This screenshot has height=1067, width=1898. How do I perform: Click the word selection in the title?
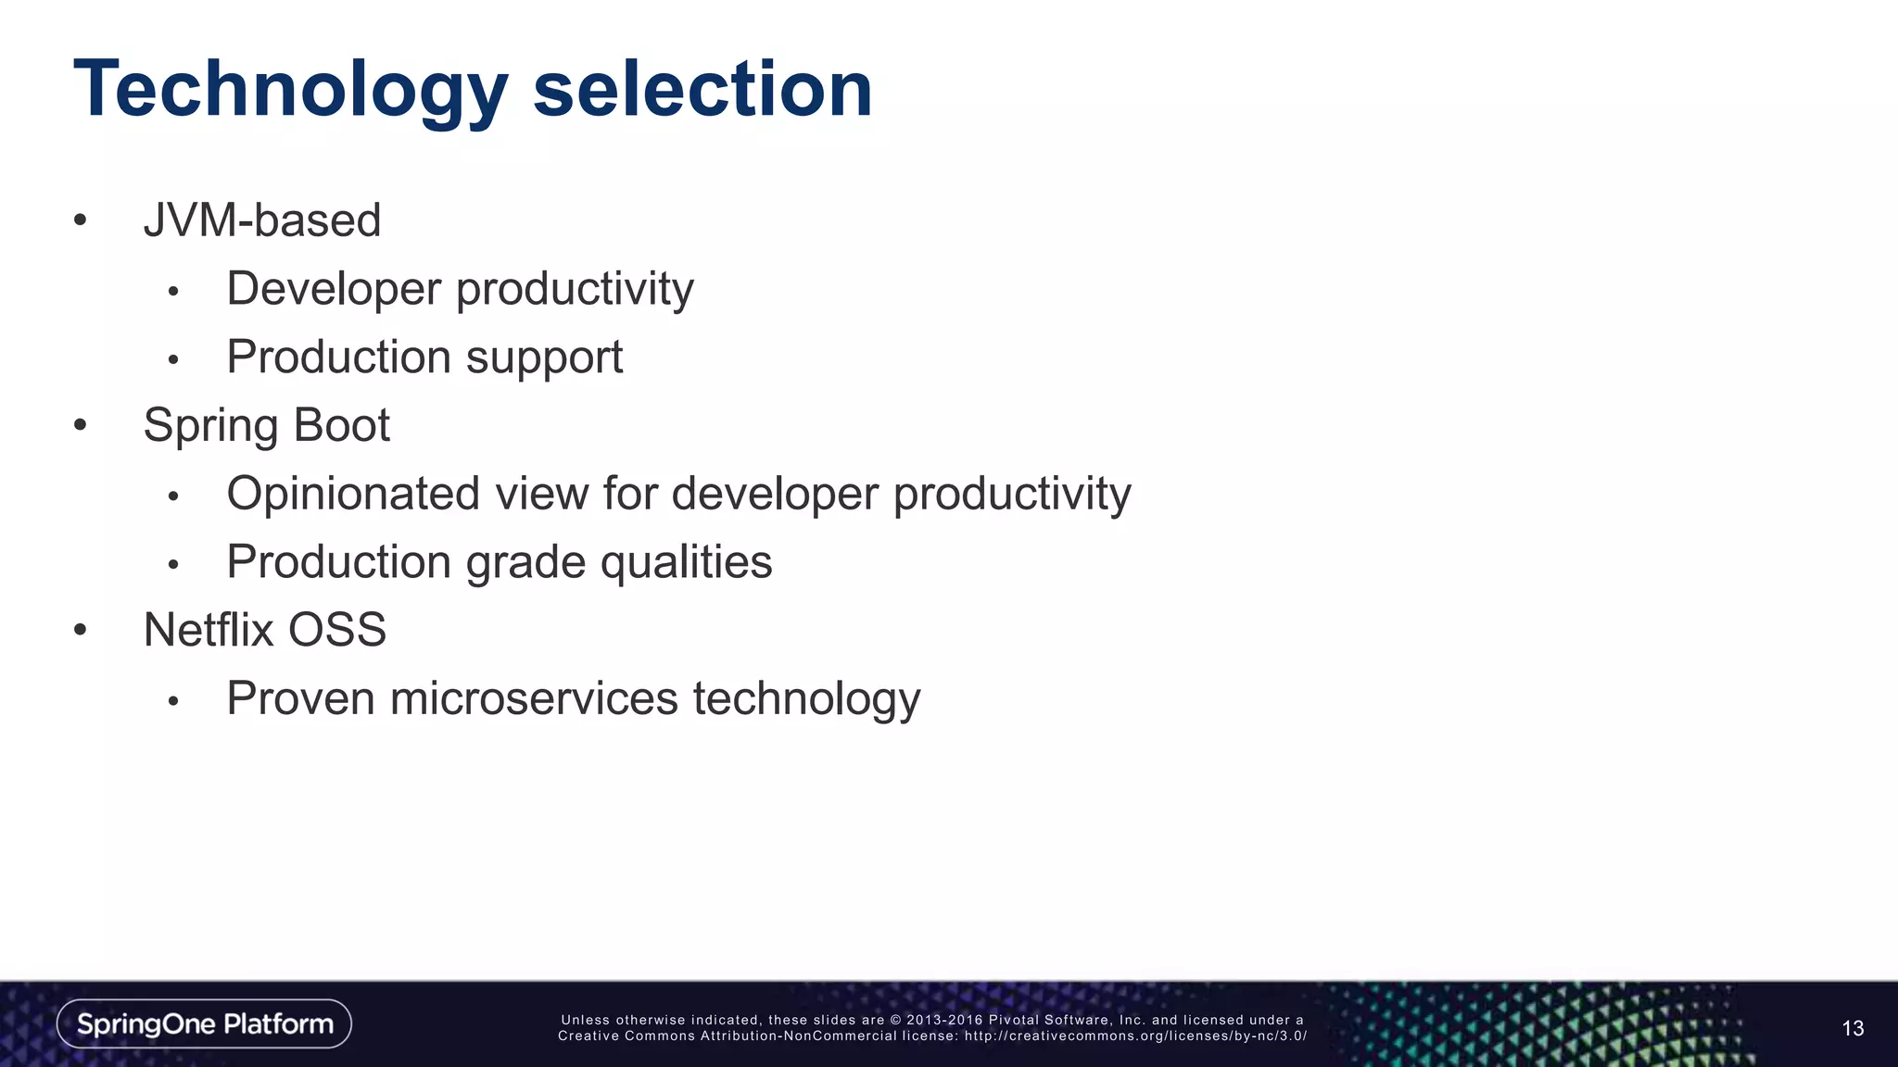pyautogui.click(x=702, y=90)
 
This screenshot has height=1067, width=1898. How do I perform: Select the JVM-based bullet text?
pyautogui.click(x=262, y=221)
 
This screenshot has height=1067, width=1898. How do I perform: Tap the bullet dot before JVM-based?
pyautogui.click(x=81, y=220)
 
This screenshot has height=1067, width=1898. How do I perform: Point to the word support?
pyautogui.click(x=544, y=358)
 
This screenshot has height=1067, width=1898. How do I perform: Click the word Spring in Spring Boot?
pyautogui.click(x=210, y=426)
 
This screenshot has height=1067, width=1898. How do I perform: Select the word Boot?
pyautogui.click(x=342, y=425)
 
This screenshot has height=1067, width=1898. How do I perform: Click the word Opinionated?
pyautogui.click(x=353, y=494)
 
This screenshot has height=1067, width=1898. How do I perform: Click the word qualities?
pyautogui.click(x=686, y=562)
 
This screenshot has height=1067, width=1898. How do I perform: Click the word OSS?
pyautogui.click(x=337, y=630)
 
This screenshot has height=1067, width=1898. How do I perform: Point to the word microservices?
pyautogui.click(x=534, y=698)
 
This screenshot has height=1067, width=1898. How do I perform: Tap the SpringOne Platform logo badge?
pyautogui.click(x=204, y=1023)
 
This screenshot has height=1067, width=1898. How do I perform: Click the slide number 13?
pyautogui.click(x=1853, y=1028)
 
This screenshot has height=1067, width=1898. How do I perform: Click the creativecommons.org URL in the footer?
pyautogui.click(x=1135, y=1036)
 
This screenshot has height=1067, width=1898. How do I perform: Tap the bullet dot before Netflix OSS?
pyautogui.click(x=81, y=631)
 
